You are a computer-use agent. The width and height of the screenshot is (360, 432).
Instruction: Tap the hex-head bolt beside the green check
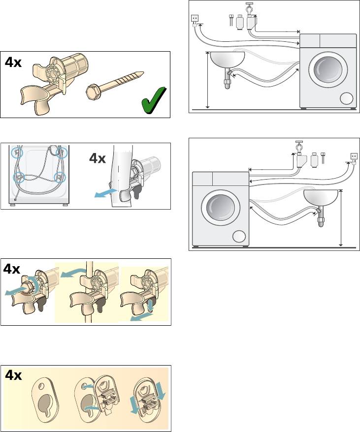click(x=114, y=85)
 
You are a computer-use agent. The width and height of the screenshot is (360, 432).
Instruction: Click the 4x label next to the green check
click(x=13, y=62)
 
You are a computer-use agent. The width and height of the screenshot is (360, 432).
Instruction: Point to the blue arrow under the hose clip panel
click(x=106, y=193)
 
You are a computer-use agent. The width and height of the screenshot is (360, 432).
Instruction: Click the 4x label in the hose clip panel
click(x=98, y=158)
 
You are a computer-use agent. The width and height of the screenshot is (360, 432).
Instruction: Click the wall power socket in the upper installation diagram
click(x=195, y=19)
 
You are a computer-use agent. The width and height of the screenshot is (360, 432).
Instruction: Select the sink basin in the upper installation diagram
click(x=228, y=60)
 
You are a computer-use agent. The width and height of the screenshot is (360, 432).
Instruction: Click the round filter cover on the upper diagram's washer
click(x=347, y=98)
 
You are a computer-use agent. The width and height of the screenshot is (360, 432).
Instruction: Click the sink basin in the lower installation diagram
click(x=321, y=198)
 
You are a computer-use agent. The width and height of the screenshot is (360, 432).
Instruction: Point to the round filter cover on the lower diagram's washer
click(x=239, y=237)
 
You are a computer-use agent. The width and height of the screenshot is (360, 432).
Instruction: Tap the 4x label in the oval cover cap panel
click(x=13, y=375)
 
